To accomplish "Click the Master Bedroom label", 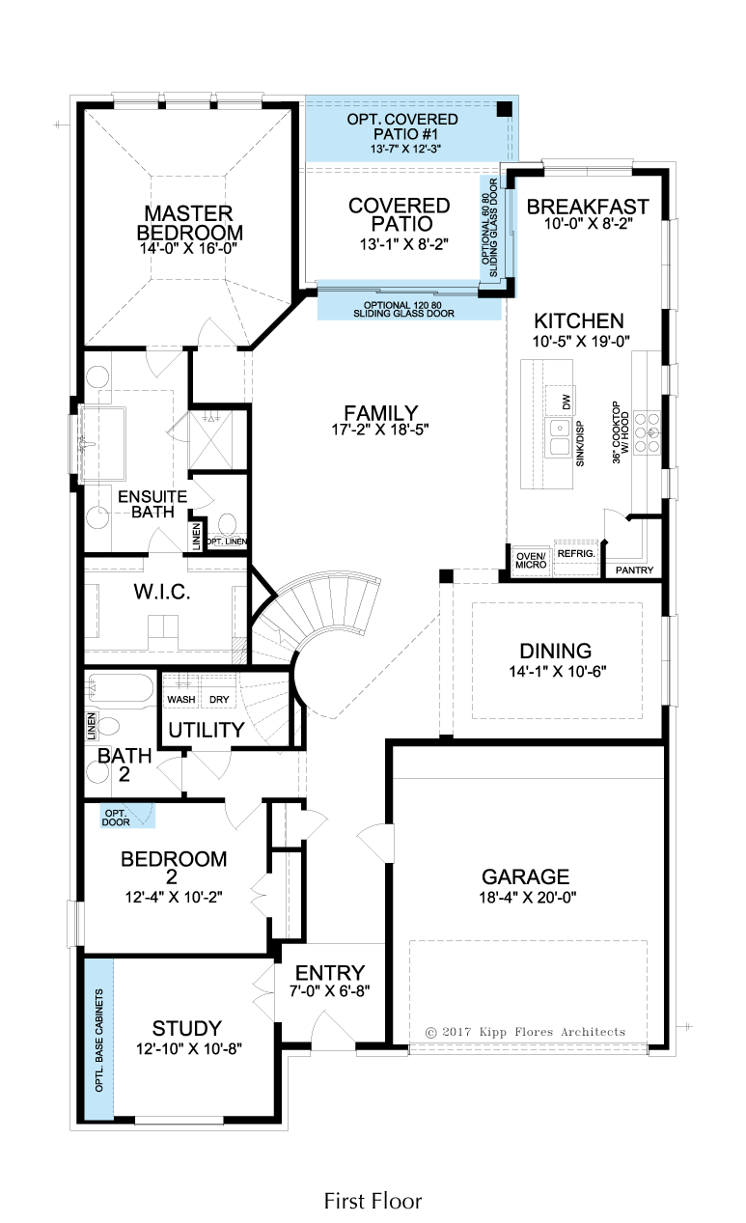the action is point(189,223).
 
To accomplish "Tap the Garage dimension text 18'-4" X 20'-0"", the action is point(528,897).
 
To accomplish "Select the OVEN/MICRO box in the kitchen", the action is point(531,561).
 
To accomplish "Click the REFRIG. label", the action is point(576,554).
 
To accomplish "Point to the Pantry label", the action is point(634,570).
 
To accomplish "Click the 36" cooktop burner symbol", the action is point(648,432).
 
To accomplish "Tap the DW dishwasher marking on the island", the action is point(566,403).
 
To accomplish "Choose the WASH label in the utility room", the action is point(181,700).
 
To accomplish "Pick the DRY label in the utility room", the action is point(219,700).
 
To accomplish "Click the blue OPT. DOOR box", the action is point(127,816).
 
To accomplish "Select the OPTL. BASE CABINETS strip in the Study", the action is point(98,1041).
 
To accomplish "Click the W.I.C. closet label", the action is point(162,592).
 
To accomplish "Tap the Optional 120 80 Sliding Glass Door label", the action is point(403,309).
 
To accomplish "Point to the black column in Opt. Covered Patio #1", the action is point(504,109).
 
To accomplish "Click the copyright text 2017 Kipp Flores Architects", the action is point(525,1032).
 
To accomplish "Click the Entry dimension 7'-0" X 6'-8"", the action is point(330,990).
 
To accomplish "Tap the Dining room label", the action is point(556,651).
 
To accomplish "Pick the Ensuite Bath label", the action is point(152,504).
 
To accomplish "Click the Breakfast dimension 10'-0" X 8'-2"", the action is point(588,223).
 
